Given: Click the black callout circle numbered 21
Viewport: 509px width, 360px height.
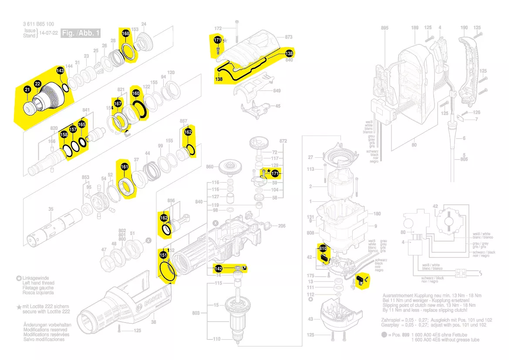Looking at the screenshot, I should point(27,90).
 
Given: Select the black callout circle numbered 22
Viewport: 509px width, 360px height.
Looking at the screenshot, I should point(38,84).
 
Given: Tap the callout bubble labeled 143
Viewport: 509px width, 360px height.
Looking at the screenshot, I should point(60,71).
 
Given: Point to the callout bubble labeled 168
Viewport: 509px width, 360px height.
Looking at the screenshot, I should point(125,34).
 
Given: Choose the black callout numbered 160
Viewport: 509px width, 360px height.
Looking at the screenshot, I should point(135,93).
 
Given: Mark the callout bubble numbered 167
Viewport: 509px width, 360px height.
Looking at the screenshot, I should point(118,103).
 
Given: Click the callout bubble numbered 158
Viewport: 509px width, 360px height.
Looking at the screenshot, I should point(64,135).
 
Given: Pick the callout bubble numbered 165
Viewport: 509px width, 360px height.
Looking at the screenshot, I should point(82,125).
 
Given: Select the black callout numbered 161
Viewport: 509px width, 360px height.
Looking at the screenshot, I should point(125,166).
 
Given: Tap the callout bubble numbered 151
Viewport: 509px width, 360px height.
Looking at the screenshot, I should point(163,255).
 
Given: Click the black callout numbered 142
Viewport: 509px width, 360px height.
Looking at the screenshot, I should point(219,268).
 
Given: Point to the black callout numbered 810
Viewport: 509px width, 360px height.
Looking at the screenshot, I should point(323,248).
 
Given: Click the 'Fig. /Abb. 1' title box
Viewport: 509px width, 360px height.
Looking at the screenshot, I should point(81,33).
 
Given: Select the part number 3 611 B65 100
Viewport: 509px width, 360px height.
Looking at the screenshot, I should point(39,24).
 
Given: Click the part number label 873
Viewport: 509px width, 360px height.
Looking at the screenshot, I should point(289,37).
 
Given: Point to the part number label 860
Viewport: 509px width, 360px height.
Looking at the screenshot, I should point(209,167).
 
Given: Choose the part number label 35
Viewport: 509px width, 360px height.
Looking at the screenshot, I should point(51,209).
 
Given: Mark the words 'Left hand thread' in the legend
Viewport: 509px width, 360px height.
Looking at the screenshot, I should point(38,283).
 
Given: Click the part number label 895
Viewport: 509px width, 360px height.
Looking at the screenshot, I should point(384,28).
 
